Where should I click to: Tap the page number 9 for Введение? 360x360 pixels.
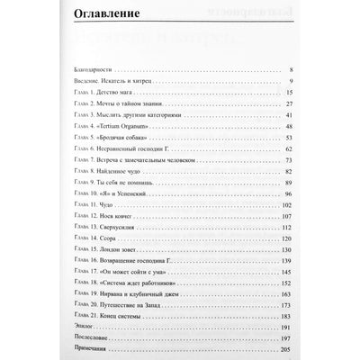coord(289,81)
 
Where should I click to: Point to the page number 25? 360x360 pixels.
coord(287,103)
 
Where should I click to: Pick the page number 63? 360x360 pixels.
coord(287,149)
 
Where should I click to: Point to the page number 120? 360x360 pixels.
coord(285,229)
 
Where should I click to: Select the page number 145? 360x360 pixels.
coord(285,274)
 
